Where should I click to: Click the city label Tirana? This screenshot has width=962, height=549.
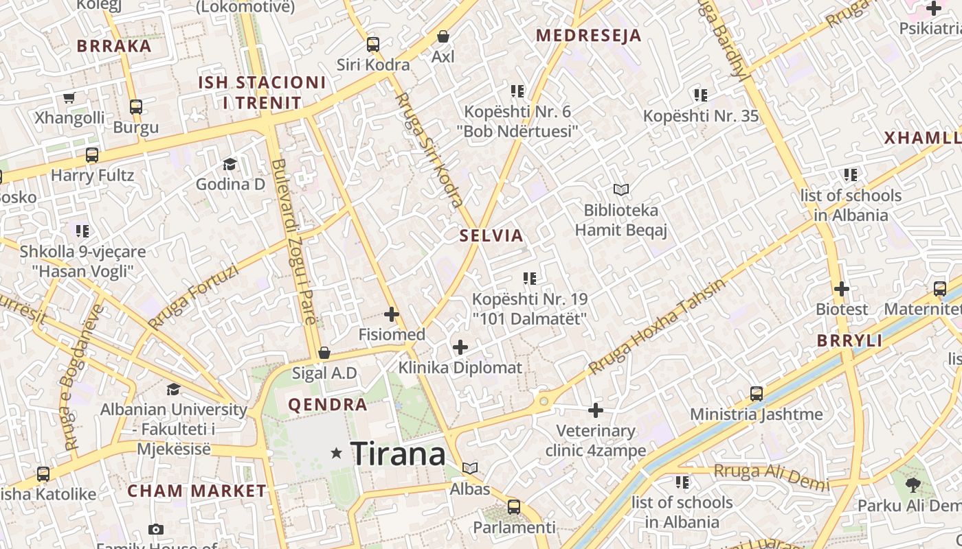pos(398,454)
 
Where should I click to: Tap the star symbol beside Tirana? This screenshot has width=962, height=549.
pos(337,453)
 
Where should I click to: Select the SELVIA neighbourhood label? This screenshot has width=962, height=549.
pos(491,236)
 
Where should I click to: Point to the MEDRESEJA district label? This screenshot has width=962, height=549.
pos(588,36)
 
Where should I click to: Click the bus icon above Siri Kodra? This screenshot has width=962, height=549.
pos(373,45)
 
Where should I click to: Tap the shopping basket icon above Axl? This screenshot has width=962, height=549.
pos(443,36)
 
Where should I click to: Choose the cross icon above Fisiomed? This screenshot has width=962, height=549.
pos(392,314)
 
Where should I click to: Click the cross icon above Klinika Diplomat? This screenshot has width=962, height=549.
pos(460,347)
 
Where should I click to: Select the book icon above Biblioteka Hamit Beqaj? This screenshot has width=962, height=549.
pos(621,189)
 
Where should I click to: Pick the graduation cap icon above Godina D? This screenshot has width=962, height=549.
pos(230,164)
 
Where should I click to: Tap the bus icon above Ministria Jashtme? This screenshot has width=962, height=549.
pos(757,394)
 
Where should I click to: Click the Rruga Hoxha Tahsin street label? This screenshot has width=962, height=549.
pos(656,327)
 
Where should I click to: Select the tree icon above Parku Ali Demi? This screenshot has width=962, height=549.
pos(913,485)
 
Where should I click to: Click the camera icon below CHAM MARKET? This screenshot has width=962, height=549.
pos(156,529)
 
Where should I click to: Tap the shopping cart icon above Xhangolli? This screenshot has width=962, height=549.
pos(69,97)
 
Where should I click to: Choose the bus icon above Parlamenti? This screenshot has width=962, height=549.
pos(514,507)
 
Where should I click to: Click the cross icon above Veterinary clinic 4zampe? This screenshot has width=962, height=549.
pos(596,410)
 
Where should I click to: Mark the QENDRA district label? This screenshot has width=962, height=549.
pos(327,405)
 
